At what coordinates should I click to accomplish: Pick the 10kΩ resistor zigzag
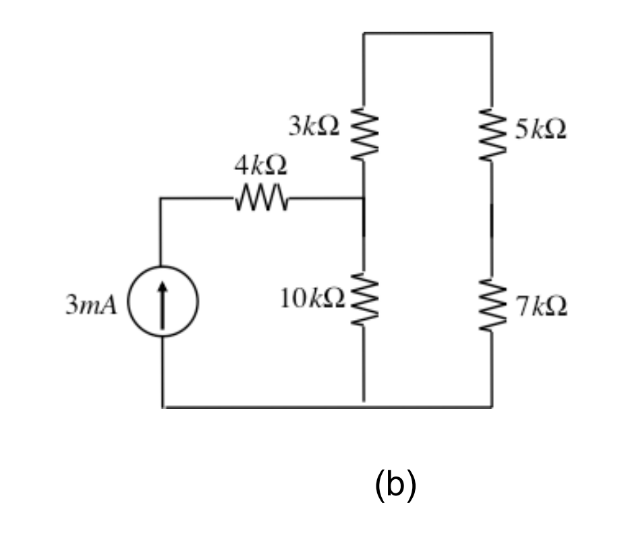364,298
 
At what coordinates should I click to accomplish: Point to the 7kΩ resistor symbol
491,306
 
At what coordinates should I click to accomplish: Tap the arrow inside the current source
162,304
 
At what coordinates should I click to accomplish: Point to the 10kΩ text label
312,298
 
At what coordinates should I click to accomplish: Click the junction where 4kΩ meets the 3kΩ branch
364,198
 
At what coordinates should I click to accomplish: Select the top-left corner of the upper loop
364,32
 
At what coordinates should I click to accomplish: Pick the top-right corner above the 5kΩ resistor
491,32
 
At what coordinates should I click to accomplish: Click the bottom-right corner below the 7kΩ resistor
491,407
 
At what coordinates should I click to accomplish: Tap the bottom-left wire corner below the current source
163,407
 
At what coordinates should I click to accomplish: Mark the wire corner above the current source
161,198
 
